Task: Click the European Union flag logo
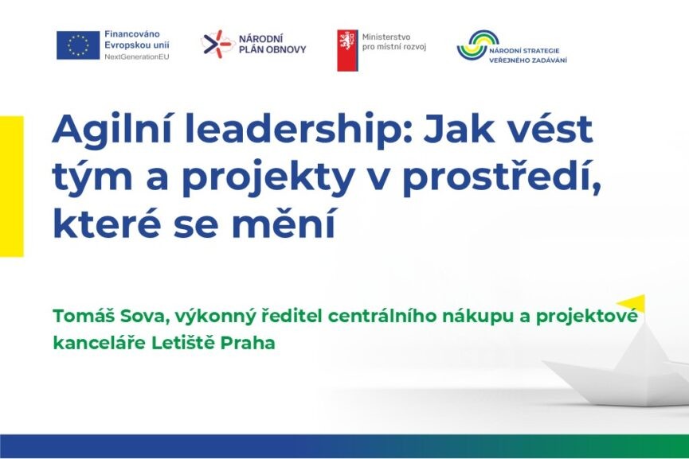pos(78,45)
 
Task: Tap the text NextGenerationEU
pos(137,57)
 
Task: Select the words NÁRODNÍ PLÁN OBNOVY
pos(272,45)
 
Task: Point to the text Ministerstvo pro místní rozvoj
pos(394,42)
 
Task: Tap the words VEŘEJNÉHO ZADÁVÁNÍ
pos(528,60)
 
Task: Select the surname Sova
pos(144,317)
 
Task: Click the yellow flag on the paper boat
pos(631,303)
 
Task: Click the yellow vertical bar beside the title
pos(11,186)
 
